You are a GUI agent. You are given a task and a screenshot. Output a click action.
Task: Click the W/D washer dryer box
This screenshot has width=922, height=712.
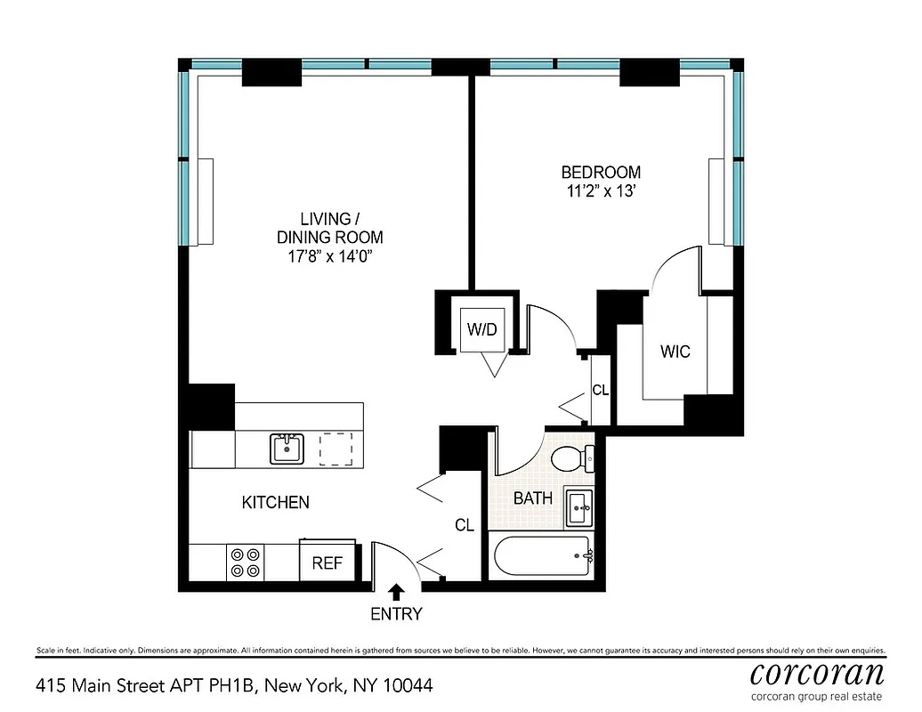(482, 329)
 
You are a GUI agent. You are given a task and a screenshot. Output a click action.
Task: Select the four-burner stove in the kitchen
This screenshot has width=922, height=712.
(246, 562)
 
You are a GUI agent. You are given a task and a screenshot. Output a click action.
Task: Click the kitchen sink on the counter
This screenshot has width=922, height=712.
(287, 448)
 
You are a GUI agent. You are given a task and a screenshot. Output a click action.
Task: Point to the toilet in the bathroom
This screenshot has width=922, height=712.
(573, 459)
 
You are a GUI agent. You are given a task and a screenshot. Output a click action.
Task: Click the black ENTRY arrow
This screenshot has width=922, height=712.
(396, 591)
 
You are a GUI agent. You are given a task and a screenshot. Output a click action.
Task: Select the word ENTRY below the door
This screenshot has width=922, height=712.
(396, 613)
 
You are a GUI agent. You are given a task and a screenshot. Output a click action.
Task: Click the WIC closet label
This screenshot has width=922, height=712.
(675, 352)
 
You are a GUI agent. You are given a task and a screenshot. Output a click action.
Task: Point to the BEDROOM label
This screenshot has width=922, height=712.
(600, 172)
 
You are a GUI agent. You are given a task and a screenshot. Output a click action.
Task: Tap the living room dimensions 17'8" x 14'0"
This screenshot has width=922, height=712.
(329, 257)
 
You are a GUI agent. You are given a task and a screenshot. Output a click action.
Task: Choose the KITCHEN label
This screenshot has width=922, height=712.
(276, 503)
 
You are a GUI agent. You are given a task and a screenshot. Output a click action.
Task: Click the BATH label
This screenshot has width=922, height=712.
(532, 498)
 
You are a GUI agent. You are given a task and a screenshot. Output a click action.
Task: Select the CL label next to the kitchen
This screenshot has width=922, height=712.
(464, 525)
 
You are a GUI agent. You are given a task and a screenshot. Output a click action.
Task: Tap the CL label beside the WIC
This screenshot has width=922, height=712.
(600, 389)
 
